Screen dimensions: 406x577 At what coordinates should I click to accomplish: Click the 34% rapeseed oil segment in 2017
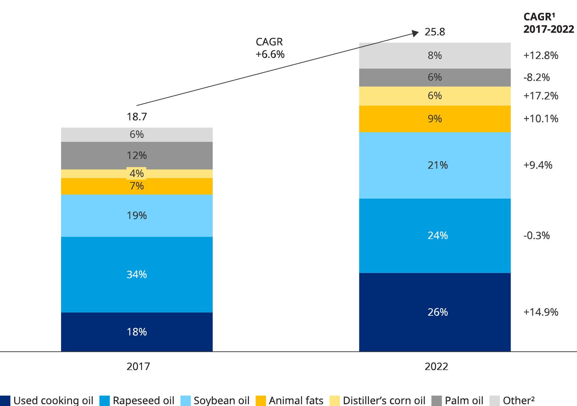(x=137, y=274)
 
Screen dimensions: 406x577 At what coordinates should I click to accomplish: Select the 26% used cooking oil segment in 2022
(x=435, y=312)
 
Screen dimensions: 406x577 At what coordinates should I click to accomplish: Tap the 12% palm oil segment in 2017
(x=137, y=155)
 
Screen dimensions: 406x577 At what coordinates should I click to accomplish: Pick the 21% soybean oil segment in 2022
(x=435, y=165)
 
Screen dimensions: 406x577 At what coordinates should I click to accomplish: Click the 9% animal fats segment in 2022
(x=435, y=119)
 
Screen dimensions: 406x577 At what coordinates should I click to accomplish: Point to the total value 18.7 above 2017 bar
(x=137, y=117)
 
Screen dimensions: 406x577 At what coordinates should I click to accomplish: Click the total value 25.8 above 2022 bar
(x=435, y=32)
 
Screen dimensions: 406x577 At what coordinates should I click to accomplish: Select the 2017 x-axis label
(x=138, y=367)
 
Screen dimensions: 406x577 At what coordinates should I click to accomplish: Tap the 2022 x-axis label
(x=436, y=367)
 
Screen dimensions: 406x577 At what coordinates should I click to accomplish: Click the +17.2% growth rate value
(x=541, y=96)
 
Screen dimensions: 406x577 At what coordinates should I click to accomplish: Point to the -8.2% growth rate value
(x=537, y=77)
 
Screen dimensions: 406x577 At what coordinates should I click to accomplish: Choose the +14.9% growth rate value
(x=541, y=312)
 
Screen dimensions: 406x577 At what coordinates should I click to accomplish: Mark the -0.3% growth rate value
(x=537, y=235)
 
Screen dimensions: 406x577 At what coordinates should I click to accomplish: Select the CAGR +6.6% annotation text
(x=270, y=48)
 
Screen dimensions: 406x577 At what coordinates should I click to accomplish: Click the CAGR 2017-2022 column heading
(x=548, y=23)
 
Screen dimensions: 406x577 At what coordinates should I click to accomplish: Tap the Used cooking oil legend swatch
(x=5, y=400)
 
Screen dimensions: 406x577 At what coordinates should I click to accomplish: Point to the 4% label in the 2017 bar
(x=137, y=173)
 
